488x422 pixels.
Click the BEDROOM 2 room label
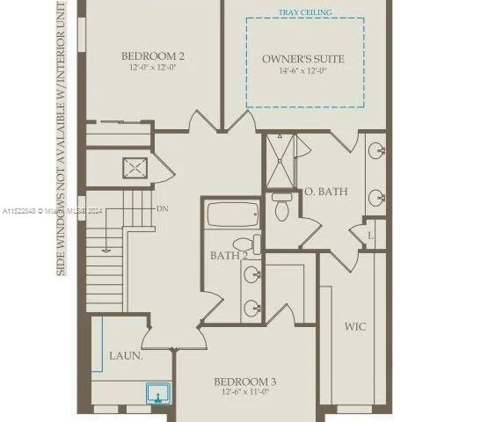click(153, 56)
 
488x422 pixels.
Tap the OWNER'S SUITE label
click(303, 59)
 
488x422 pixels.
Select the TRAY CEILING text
click(304, 13)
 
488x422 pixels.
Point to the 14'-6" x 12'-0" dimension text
click(303, 71)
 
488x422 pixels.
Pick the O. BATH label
click(326, 191)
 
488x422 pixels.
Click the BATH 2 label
click(228, 256)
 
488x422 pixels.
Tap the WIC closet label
click(355, 326)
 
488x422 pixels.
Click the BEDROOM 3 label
click(245, 381)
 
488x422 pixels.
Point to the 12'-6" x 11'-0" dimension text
click(245, 392)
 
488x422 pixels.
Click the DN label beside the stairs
click(163, 209)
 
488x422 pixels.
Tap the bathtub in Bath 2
click(232, 215)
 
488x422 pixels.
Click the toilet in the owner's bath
click(281, 207)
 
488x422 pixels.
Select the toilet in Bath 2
click(244, 244)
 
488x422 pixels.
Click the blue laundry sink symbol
click(159, 392)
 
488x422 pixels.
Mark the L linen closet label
click(371, 236)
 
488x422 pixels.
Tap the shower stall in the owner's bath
click(280, 161)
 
